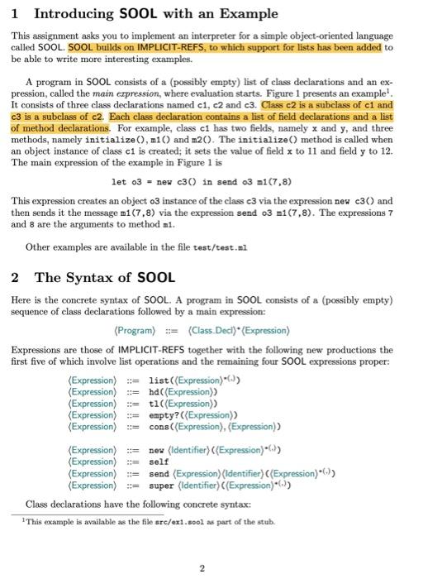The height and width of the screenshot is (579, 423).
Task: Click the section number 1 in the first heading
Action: pyautogui.click(x=18, y=14)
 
